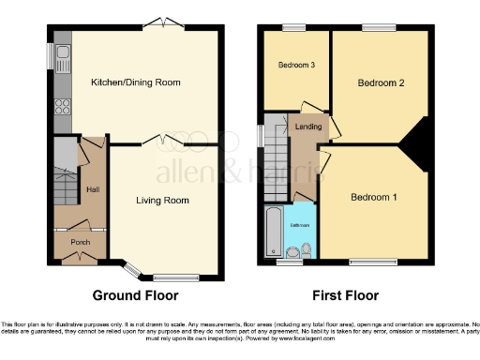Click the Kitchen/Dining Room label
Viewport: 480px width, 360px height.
click(135, 82)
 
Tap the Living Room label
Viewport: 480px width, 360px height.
click(162, 200)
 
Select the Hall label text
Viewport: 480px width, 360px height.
click(93, 190)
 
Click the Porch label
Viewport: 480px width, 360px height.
click(80, 240)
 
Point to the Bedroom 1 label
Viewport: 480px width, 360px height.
click(374, 197)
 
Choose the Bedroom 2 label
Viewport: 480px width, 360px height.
click(381, 82)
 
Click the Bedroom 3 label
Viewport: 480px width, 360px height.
click(295, 65)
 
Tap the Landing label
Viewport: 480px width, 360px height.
click(307, 126)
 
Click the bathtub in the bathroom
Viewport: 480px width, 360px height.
click(273, 232)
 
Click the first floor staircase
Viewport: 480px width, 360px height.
click(277, 155)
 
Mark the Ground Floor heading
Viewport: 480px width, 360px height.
click(139, 295)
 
